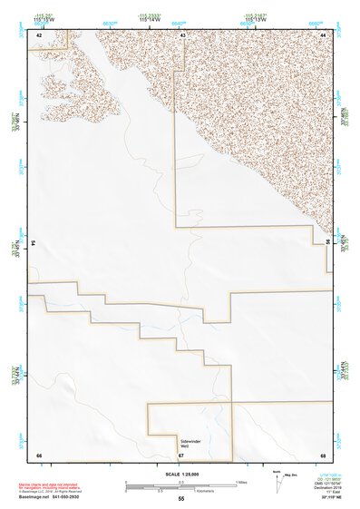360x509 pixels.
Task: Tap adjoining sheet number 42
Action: (39, 34)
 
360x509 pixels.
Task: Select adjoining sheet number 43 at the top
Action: (183, 34)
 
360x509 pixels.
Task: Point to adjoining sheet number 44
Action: (323, 34)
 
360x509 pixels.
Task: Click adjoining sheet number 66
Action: (39, 454)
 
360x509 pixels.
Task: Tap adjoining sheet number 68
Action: (323, 454)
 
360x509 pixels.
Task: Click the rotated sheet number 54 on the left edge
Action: (34, 243)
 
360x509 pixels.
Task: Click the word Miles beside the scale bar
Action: (242, 482)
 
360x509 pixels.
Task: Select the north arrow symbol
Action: (277, 483)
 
